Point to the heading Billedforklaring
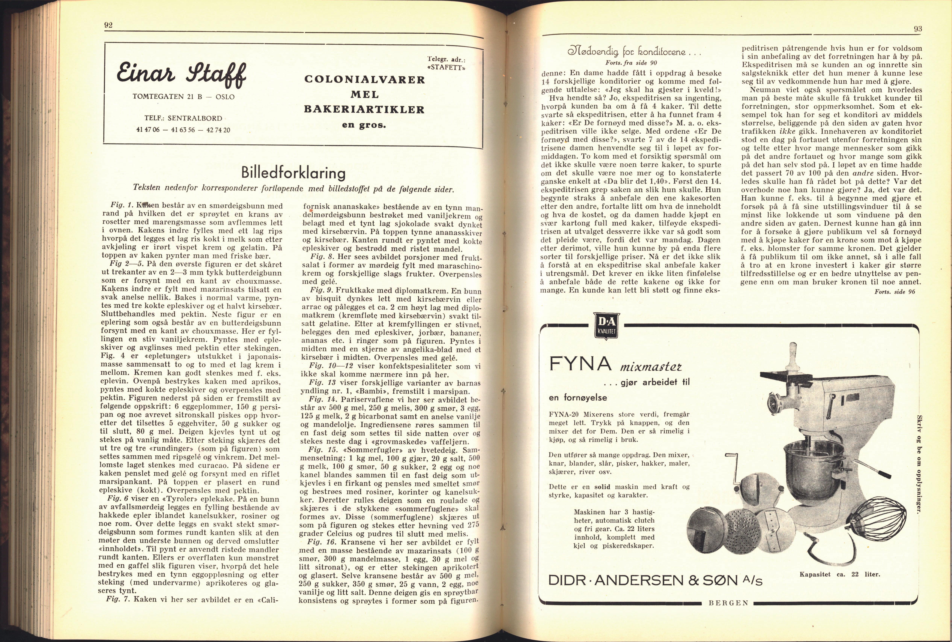click(293, 172)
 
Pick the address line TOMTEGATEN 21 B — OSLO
click(183, 97)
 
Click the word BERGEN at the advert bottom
click(728, 603)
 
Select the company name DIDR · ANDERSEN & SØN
click(655, 580)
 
